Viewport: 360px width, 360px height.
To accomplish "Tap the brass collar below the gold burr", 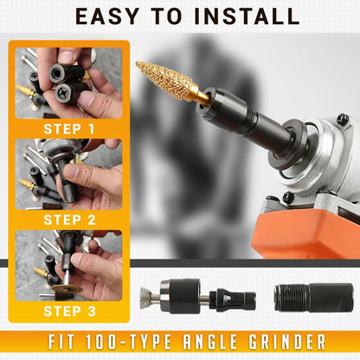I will [x=201, y=98].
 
